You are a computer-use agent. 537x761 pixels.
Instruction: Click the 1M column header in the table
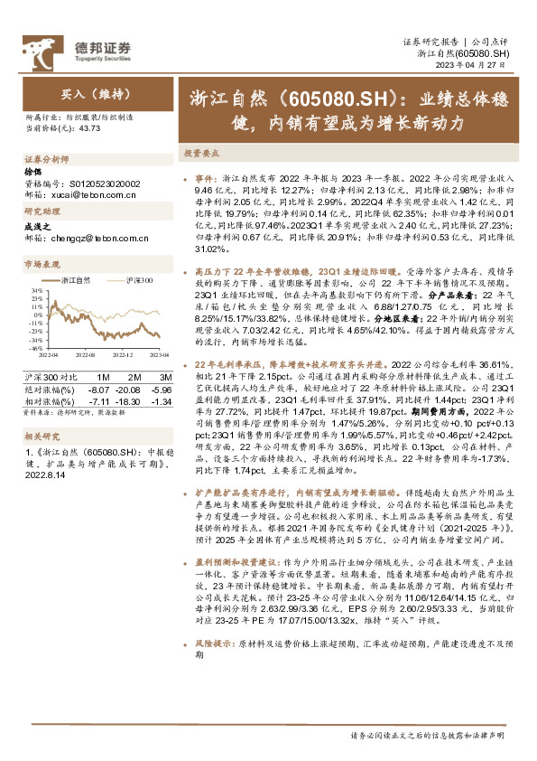point(104,375)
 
